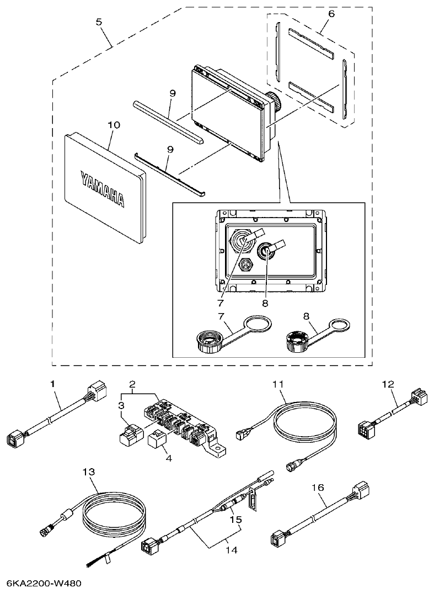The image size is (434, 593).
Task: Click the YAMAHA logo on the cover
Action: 102,188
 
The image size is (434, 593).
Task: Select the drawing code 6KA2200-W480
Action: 46,583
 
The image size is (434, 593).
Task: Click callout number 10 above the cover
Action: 114,125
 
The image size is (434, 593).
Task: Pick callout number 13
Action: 89,472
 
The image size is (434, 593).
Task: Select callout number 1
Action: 53,383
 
